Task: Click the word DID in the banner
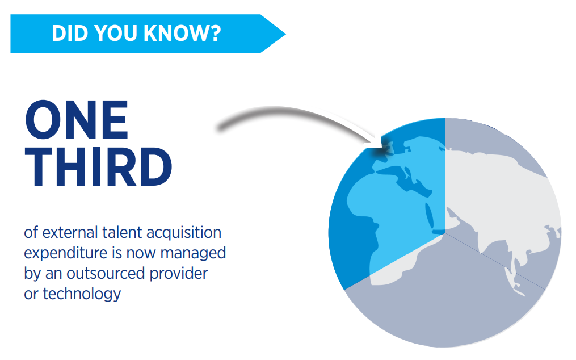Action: click(x=70, y=33)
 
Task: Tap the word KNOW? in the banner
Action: click(x=182, y=33)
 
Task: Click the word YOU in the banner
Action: click(x=116, y=33)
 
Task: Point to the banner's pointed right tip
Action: click(x=285, y=34)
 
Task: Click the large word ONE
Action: click(x=77, y=120)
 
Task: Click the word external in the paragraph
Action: click(x=70, y=233)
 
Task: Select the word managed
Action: click(x=193, y=254)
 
